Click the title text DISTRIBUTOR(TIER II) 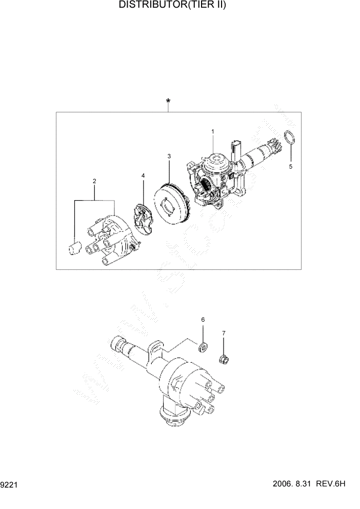tap(172, 5)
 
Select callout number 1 tap(212, 132)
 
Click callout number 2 tap(94, 181)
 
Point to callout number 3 tap(169, 155)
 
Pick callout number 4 tap(143, 176)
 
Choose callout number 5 tap(290, 166)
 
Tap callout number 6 tap(203, 320)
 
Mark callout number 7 tap(224, 333)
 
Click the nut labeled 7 tap(224, 359)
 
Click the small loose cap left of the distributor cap tap(74, 248)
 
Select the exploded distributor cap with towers tap(110, 239)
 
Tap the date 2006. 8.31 tap(294, 484)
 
